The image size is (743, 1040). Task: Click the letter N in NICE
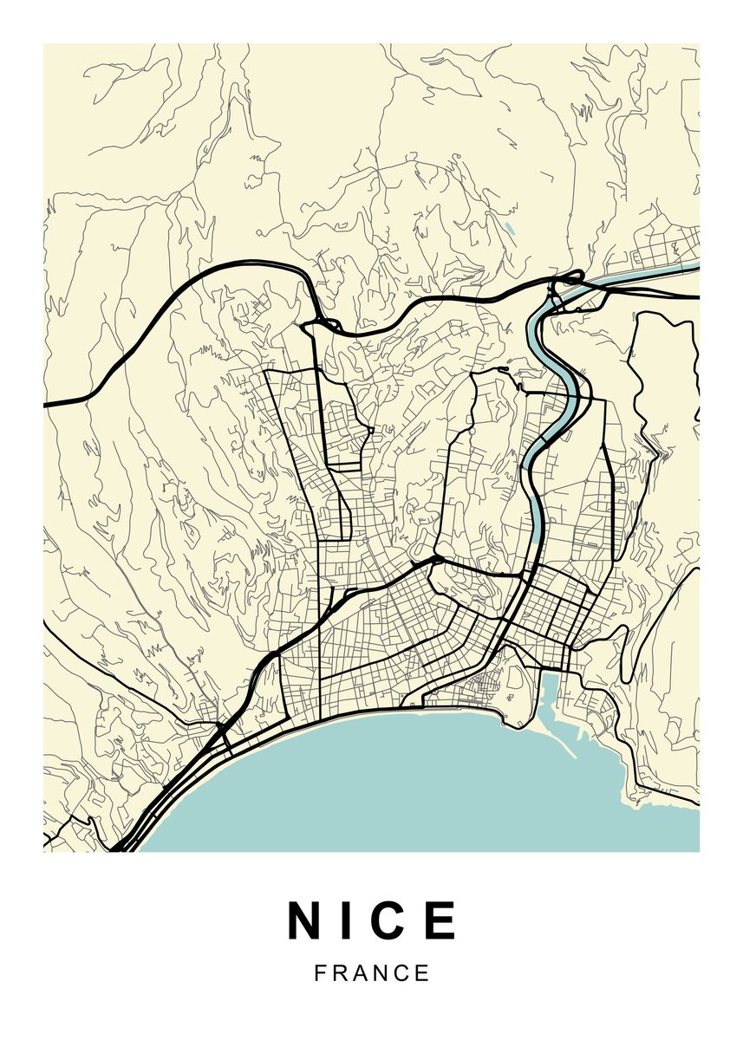(305, 920)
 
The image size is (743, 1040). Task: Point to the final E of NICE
(441, 920)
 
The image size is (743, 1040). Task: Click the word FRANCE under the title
(372, 973)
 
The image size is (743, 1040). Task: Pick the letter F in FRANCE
(321, 973)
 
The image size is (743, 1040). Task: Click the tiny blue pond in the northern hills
(509, 231)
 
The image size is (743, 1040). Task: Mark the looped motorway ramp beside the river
(572, 278)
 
